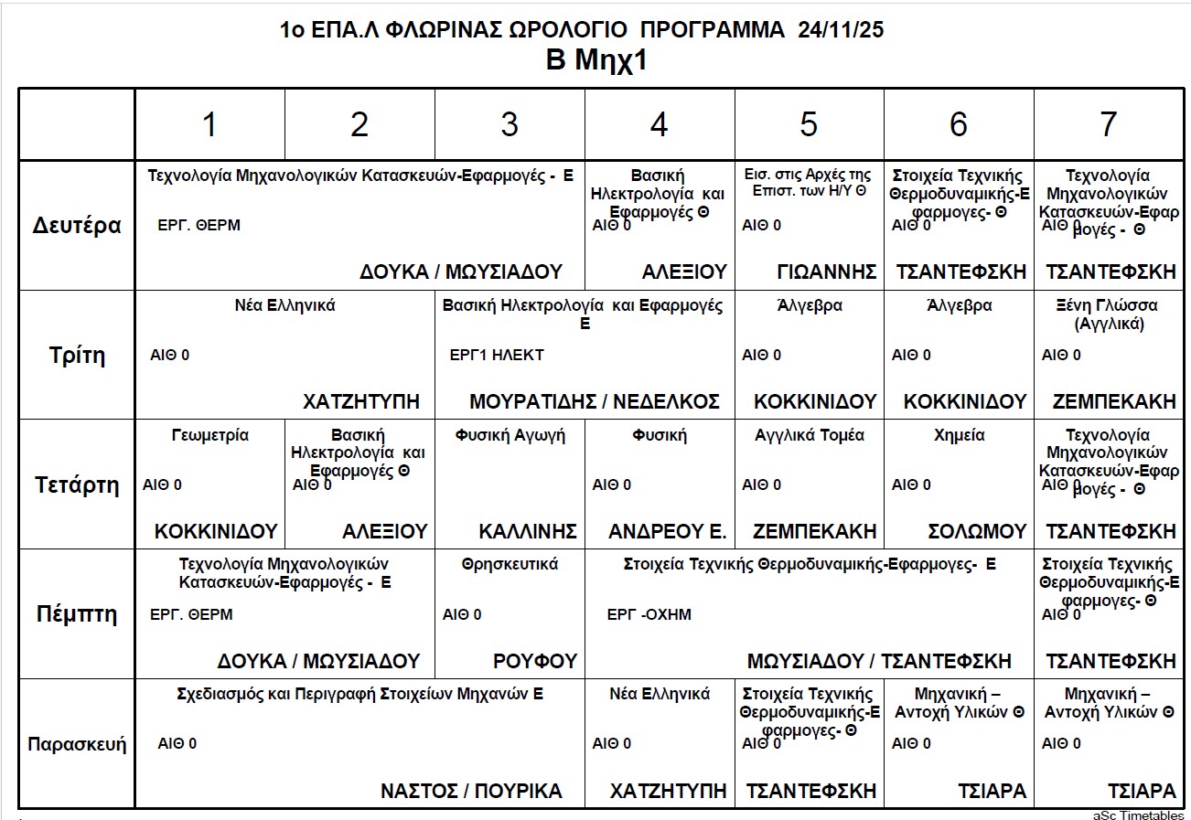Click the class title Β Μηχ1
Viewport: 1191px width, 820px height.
pos(595,61)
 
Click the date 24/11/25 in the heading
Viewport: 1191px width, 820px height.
pos(841,29)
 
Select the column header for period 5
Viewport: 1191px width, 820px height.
pos(809,125)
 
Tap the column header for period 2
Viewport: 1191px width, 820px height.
pos(359,125)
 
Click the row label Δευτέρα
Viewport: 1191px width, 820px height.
pos(77,226)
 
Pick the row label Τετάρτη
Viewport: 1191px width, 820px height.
pos(77,485)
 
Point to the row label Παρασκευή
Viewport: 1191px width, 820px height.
pos(77,743)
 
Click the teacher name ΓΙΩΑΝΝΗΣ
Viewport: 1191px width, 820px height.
pos(826,272)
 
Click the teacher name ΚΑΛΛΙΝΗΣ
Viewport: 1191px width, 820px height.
pos(528,531)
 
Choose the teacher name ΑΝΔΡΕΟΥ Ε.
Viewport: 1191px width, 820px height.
pos(667,531)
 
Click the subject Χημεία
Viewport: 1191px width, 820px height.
pos(959,435)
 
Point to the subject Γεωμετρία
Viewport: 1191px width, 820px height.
pos(209,435)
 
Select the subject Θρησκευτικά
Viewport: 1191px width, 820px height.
pos(510,564)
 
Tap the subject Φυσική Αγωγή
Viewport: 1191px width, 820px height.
pos(510,435)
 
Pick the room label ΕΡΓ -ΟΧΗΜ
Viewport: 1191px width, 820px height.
pos(649,614)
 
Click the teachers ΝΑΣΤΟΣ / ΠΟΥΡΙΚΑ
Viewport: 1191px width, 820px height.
pos(471,791)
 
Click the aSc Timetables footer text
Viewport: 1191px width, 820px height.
pos(1138,815)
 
